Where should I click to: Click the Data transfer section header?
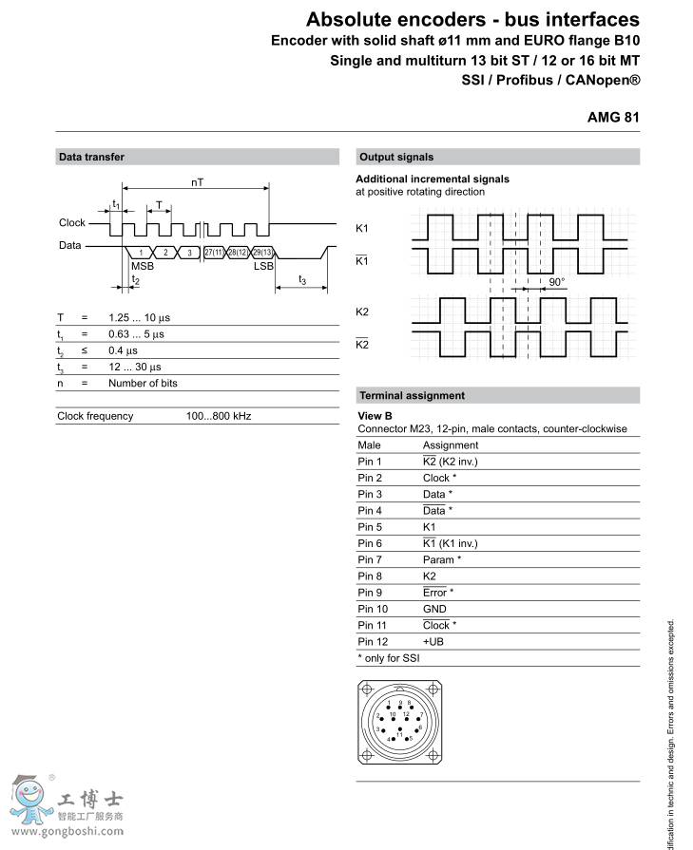coord(91,157)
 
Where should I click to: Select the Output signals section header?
coord(395,157)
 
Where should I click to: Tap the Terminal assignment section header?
coord(412,395)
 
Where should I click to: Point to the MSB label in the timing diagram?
coord(142,266)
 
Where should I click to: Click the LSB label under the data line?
coord(262,266)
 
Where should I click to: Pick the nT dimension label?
coord(197,180)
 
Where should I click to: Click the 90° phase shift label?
coord(556,282)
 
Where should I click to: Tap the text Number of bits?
coord(143,383)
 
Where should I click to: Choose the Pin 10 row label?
coord(374,609)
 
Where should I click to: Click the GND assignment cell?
coord(434,609)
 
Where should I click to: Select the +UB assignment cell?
coord(433,641)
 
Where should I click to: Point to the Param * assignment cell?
coord(441,559)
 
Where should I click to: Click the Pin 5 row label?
coord(371,527)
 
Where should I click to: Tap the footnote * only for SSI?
coord(388,658)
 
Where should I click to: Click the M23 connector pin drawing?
coord(399,723)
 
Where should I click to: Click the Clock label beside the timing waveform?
coord(71,223)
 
